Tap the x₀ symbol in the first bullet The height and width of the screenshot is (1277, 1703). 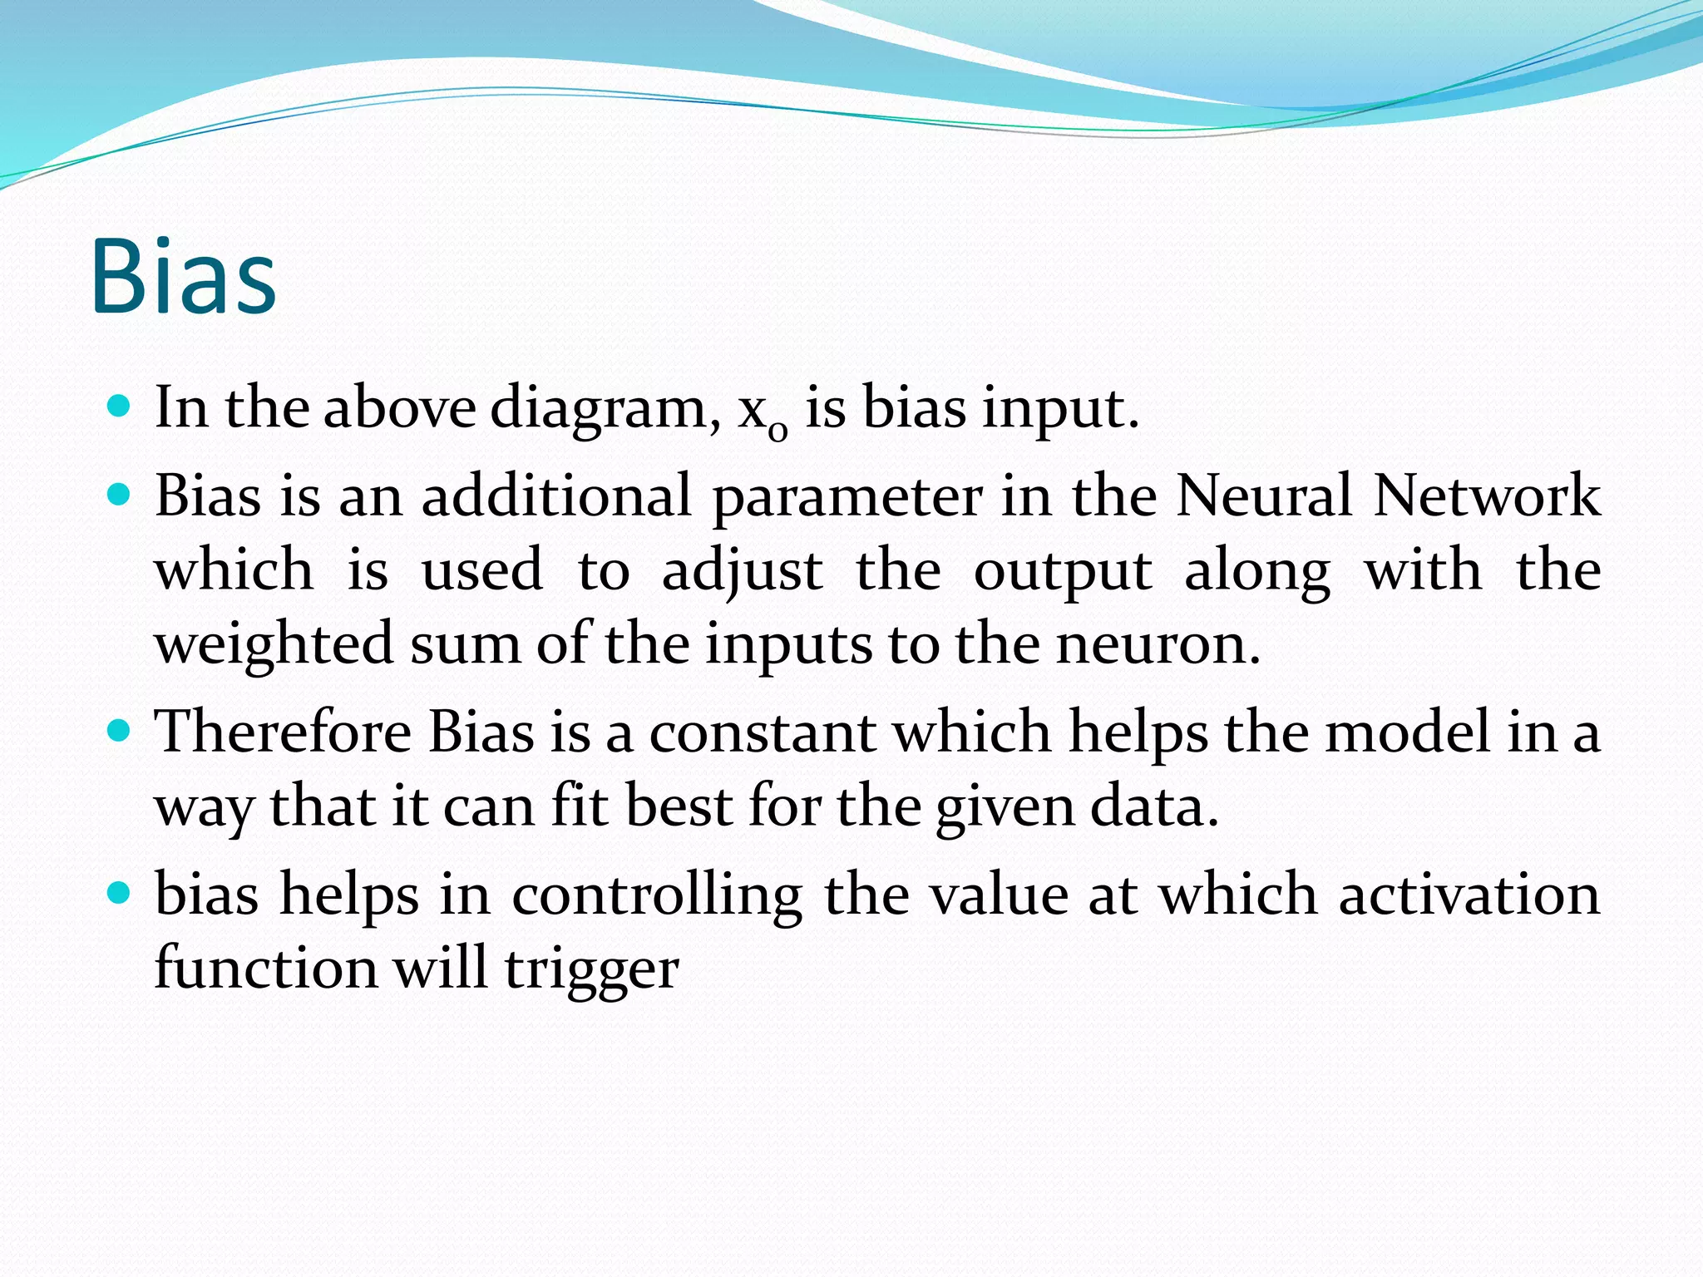(762, 412)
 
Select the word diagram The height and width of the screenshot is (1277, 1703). (605, 409)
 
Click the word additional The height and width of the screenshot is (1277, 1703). (556, 496)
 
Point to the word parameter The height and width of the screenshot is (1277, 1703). (847, 497)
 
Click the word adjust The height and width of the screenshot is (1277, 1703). (742, 572)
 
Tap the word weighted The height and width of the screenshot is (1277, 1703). (274, 645)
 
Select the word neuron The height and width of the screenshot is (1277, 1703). (1157, 645)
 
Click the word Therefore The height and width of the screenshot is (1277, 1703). (283, 732)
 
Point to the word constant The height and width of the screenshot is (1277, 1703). (762, 732)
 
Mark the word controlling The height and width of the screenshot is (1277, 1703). (657, 896)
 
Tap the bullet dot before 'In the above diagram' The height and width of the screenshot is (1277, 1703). (120, 407)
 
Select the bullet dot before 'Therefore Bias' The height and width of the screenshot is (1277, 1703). (120, 731)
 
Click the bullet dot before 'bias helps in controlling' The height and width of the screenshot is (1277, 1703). (120, 894)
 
